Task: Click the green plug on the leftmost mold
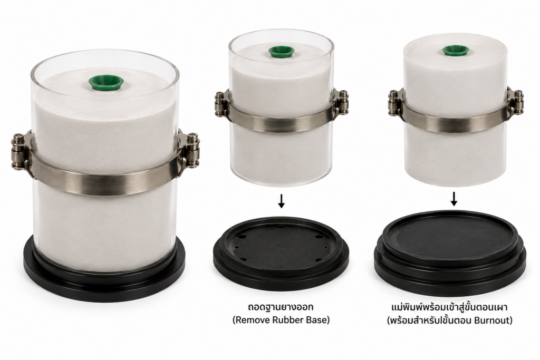coord(106,83)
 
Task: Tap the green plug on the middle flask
coord(282,52)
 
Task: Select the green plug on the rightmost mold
coord(456,51)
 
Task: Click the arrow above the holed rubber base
coord(282,201)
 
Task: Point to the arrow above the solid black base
coord(454,199)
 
